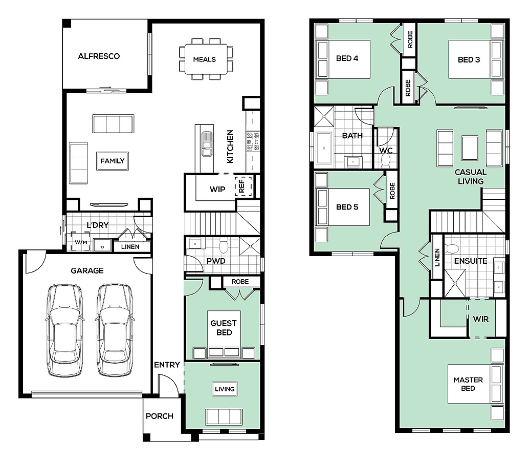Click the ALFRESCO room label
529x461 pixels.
[x=99, y=56]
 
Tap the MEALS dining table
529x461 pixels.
[x=206, y=59]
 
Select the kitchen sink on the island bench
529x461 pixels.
[x=207, y=144]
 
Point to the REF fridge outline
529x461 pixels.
[x=244, y=186]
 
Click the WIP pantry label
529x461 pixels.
[x=217, y=189]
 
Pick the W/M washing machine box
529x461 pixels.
[x=80, y=241]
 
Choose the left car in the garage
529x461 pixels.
[x=64, y=330]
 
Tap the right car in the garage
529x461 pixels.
[x=114, y=330]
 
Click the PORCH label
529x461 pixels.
[x=160, y=416]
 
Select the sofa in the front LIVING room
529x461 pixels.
[x=224, y=417]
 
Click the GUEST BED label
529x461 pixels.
[x=224, y=328]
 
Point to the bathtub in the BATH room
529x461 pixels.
[x=324, y=148]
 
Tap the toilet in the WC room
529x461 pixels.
[x=385, y=162]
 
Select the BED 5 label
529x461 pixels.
[x=347, y=207]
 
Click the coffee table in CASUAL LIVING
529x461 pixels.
[x=470, y=148]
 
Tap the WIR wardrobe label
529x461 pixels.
[x=481, y=319]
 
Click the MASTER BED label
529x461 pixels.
[x=468, y=384]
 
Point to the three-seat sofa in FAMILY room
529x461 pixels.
[x=113, y=124]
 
